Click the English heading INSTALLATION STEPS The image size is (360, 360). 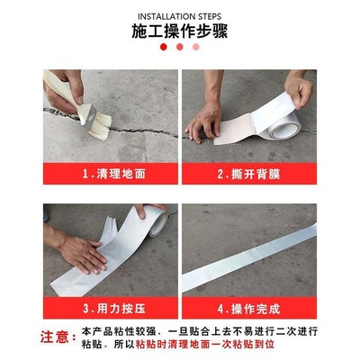pos(180,15)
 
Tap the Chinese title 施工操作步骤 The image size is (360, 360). pos(180,31)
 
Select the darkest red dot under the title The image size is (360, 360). pos(164,47)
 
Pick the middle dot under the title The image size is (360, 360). pos(180,47)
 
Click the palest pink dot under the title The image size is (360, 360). pos(196,47)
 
